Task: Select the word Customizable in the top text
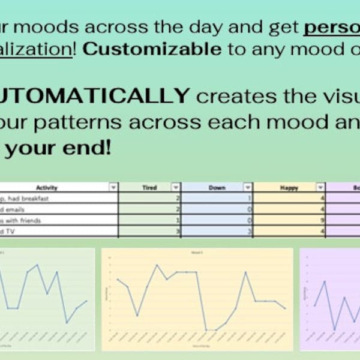[152, 49]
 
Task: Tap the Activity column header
[46, 188]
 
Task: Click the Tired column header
[149, 188]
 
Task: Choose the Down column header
[217, 188]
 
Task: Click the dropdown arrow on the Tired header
[175, 188]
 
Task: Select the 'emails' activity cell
[18, 209]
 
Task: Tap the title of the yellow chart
[197, 253]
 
